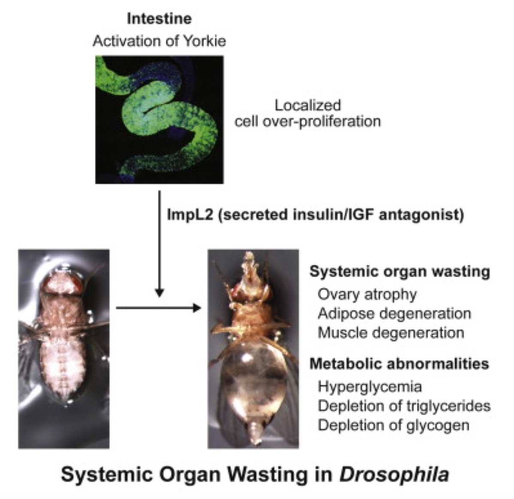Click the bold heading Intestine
(x=159, y=19)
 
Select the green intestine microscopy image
(x=159, y=119)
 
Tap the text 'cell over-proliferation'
(x=307, y=122)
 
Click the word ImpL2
(x=190, y=215)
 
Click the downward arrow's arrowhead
(x=159, y=293)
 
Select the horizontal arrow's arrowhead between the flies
(x=197, y=308)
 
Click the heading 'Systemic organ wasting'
(x=399, y=272)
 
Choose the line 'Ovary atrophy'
(x=367, y=295)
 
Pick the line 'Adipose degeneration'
(x=394, y=314)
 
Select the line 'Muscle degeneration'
(x=391, y=333)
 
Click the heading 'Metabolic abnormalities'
(x=399, y=364)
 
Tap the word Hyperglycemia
(x=370, y=387)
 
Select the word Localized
(x=307, y=105)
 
